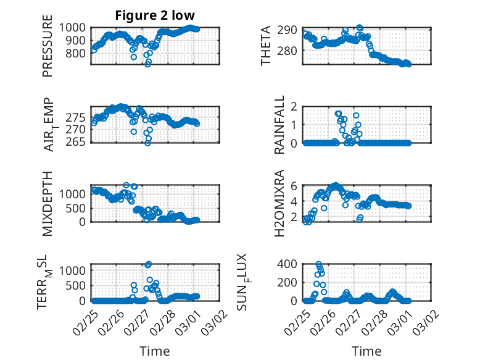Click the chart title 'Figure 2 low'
[155, 15]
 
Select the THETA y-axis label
[267, 46]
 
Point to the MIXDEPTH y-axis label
[48, 203]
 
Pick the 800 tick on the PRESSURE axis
[78, 53]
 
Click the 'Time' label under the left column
[155, 351]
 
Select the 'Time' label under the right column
[366, 351]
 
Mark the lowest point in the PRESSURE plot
[148, 64]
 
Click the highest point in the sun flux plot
[318, 264]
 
